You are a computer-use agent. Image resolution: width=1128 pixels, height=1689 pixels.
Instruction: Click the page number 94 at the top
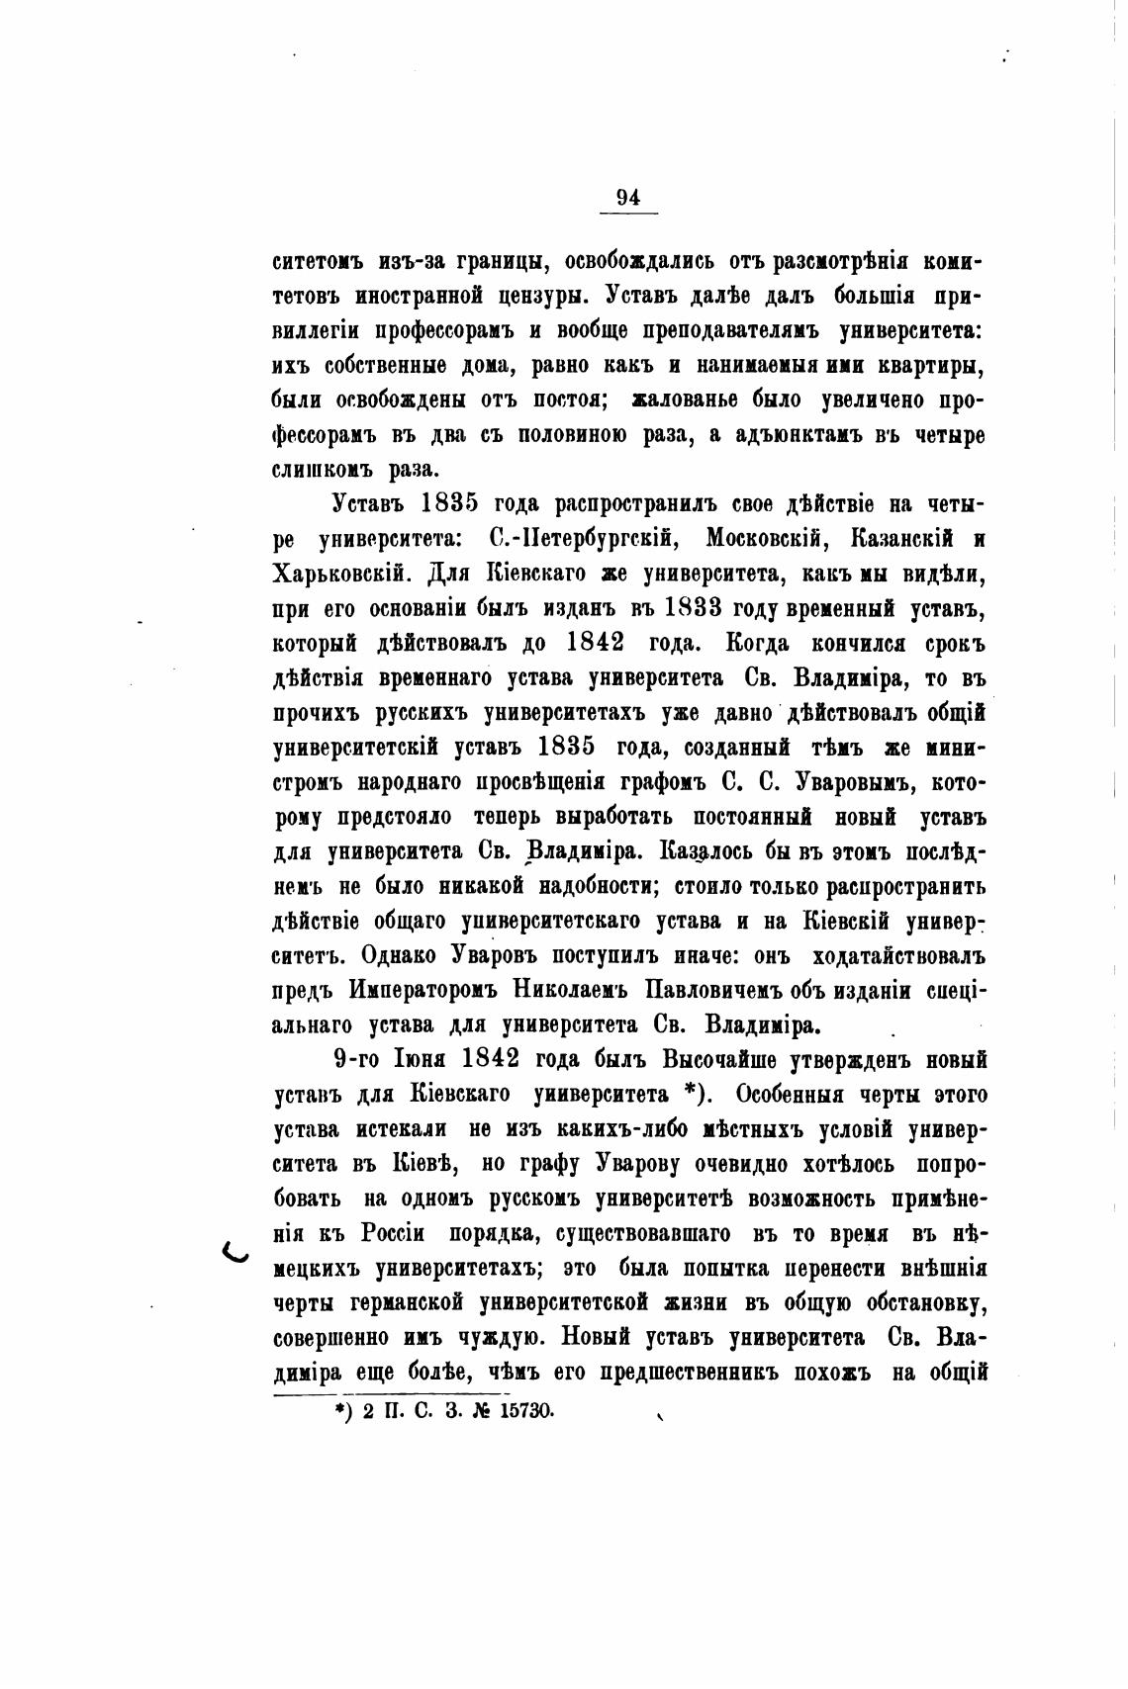(x=627, y=198)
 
